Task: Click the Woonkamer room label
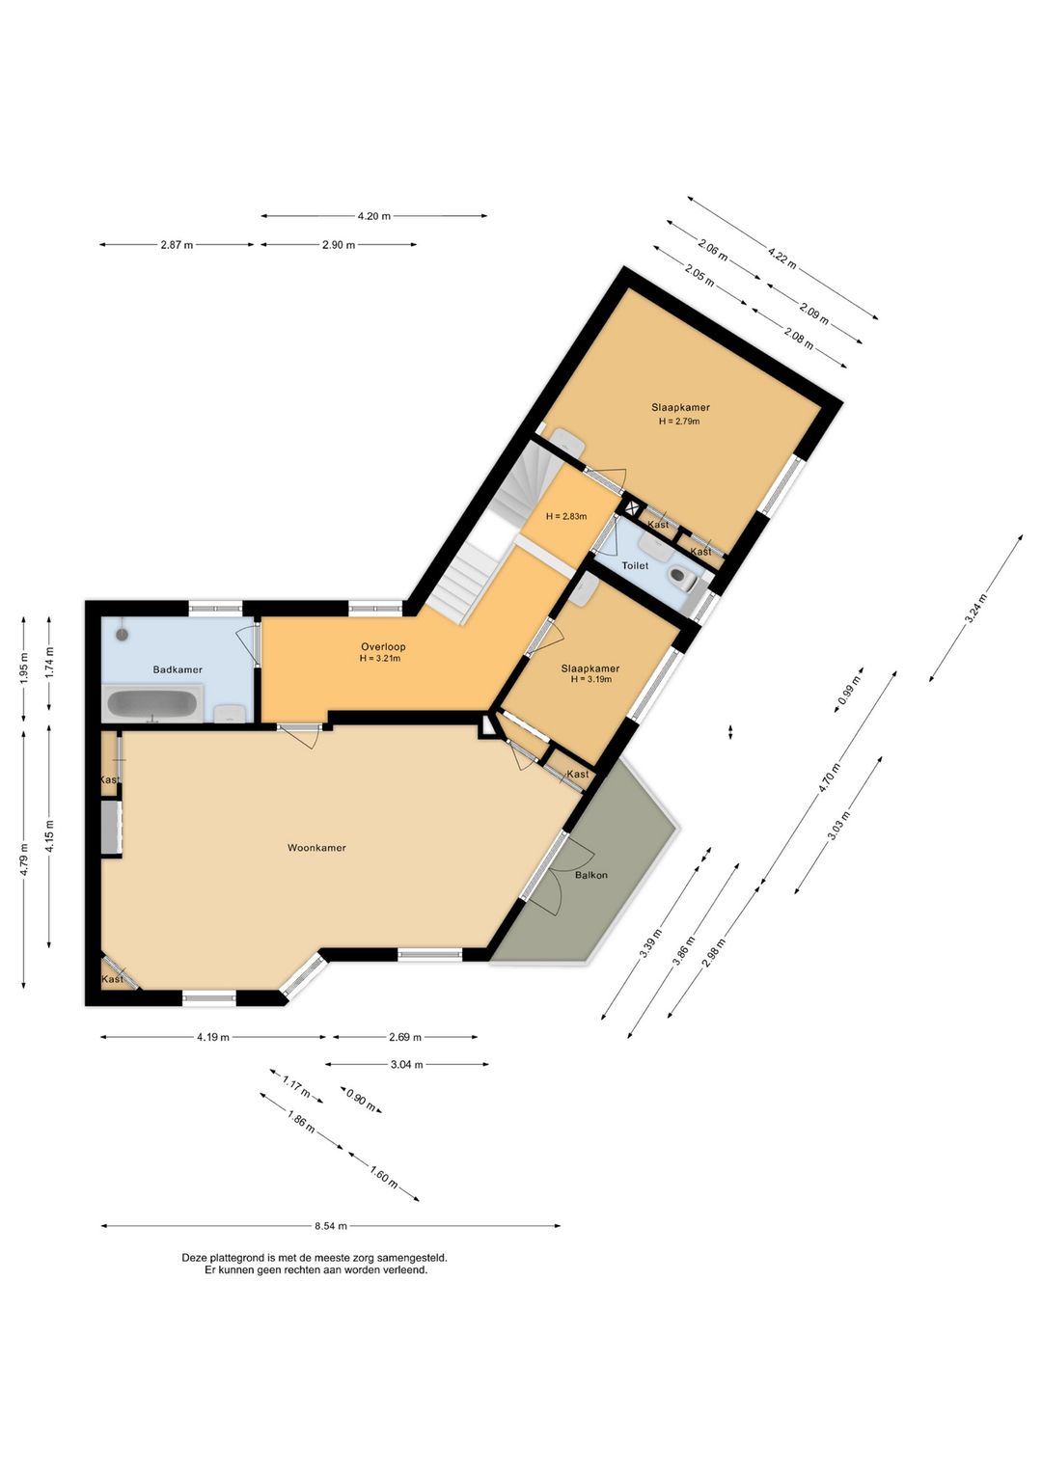[316, 848]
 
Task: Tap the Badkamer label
[178, 669]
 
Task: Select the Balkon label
[591, 875]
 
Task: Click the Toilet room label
[635, 565]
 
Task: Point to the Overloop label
[383, 646]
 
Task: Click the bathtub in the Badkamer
[153, 704]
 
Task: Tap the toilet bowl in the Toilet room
[683, 579]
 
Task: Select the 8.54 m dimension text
[330, 1226]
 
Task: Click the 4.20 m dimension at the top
[373, 216]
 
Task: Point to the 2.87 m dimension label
[177, 245]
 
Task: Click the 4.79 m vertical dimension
[24, 855]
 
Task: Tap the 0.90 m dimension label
[361, 1100]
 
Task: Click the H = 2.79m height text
[679, 422]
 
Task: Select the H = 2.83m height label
[566, 516]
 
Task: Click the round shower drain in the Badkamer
[123, 634]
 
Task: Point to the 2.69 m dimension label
[405, 1037]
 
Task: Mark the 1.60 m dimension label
[384, 1177]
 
